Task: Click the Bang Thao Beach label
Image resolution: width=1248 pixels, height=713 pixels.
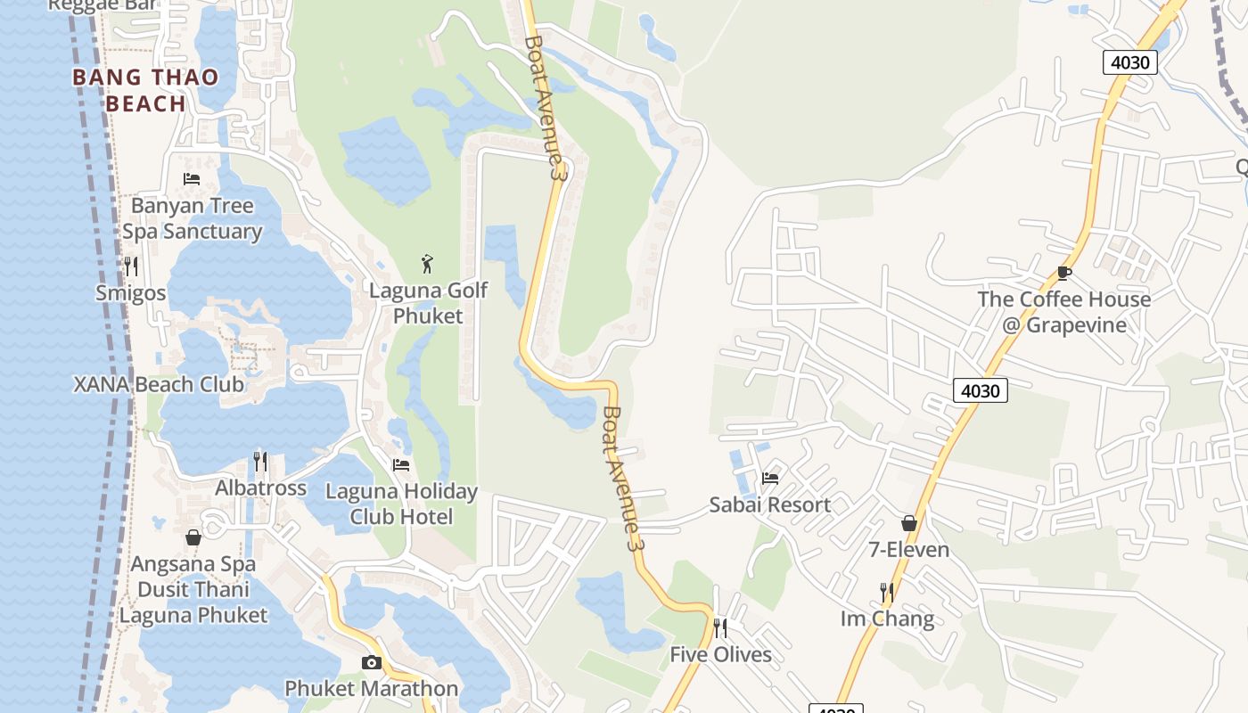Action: click(x=145, y=90)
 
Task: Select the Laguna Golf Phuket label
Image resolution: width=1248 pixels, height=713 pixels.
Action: click(x=429, y=303)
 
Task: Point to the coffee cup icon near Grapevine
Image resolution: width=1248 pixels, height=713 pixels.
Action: click(x=1063, y=273)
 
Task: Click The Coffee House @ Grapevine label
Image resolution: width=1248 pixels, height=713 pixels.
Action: click(x=1064, y=312)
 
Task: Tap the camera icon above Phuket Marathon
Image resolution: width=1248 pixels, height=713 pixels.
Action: click(x=372, y=662)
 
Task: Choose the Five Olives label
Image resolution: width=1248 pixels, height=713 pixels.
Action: click(x=720, y=655)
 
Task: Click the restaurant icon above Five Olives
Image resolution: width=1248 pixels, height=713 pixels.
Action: click(x=720, y=628)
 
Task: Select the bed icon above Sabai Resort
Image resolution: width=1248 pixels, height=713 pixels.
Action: click(x=770, y=479)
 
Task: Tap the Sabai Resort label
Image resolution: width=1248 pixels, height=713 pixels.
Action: click(x=770, y=505)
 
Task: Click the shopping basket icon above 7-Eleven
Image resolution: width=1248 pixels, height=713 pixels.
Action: click(x=909, y=523)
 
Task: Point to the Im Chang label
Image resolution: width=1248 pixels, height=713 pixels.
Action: click(x=887, y=619)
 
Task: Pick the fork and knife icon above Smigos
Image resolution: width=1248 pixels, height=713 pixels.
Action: click(x=131, y=266)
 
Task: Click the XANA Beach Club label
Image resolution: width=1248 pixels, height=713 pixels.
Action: click(x=159, y=385)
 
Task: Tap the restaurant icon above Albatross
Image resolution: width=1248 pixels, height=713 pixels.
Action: click(x=260, y=461)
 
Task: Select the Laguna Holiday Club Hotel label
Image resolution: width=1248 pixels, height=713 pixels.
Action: click(x=401, y=504)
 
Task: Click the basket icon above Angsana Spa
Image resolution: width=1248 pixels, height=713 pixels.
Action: click(x=193, y=537)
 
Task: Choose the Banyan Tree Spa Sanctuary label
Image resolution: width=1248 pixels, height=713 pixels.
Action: click(x=193, y=218)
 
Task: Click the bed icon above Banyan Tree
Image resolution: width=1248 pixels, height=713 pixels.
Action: click(x=192, y=179)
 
